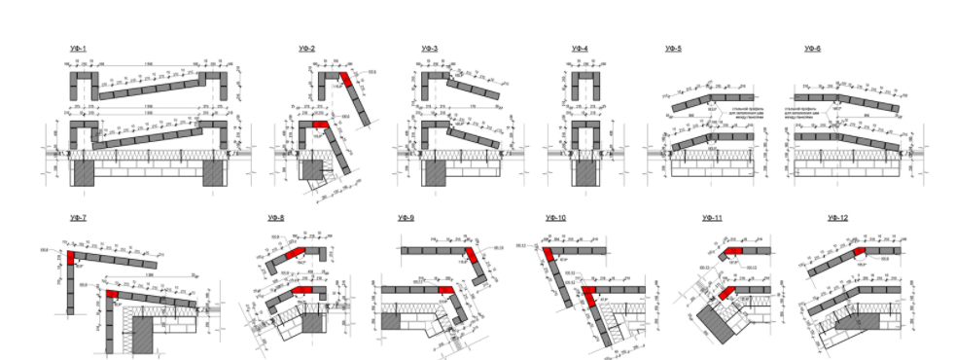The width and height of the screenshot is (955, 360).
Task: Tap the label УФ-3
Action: (430, 49)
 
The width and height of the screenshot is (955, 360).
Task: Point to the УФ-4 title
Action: (580, 49)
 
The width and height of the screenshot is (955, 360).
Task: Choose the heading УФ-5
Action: (673, 49)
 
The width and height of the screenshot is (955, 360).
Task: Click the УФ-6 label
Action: (812, 49)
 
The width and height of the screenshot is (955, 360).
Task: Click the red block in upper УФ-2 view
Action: (344, 81)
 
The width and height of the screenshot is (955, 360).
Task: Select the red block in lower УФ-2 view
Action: (321, 126)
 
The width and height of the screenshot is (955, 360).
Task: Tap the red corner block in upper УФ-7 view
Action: (72, 257)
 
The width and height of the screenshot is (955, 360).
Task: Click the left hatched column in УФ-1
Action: (85, 173)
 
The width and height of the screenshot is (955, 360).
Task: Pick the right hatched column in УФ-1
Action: (214, 173)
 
